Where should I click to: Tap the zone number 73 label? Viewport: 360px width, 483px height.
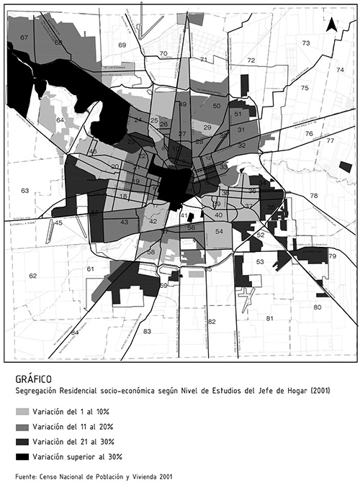click(306, 44)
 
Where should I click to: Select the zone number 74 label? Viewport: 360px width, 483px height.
click(340, 70)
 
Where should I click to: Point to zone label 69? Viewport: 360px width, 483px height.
click(122, 45)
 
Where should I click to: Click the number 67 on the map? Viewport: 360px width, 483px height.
click(24, 37)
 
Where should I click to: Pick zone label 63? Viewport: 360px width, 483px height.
click(25, 191)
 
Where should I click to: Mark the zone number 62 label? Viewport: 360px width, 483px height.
click(32, 276)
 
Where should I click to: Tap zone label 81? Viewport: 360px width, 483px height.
click(270, 317)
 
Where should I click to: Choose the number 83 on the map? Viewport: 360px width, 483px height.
click(148, 331)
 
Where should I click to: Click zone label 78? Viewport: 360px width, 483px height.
click(314, 196)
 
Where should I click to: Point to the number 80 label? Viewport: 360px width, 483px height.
click(317, 307)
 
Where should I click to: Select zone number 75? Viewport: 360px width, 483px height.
click(305, 88)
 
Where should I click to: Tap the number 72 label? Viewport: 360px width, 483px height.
click(251, 60)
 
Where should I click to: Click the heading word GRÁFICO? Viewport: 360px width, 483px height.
click(34, 377)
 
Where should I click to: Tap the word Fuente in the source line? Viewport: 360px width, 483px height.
click(27, 476)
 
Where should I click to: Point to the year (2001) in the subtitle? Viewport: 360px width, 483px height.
click(315, 391)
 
